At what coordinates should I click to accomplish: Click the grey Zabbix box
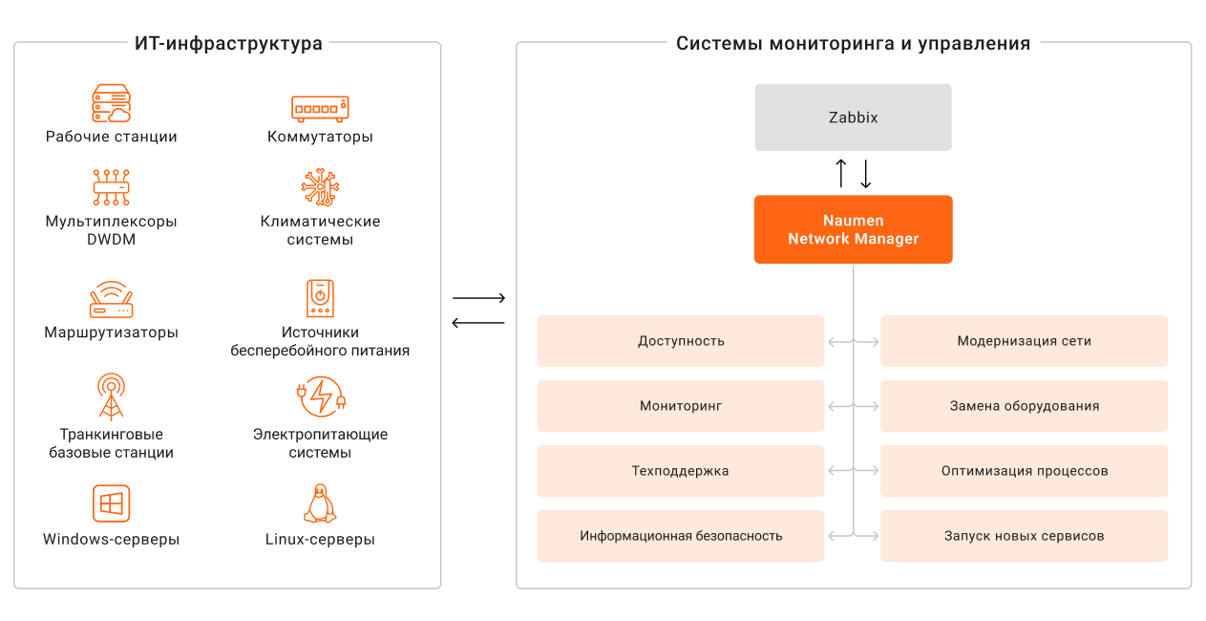853,118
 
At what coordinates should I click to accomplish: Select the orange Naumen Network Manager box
853,229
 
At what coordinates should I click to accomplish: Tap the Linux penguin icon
320,503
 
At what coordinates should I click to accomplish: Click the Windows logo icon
111,503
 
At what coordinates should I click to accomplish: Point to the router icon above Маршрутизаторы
111,299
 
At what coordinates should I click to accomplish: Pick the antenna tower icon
111,396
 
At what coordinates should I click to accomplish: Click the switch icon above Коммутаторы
320,108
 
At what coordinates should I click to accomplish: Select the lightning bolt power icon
322,396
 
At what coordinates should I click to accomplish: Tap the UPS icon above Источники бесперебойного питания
320,298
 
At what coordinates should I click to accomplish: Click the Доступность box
680,341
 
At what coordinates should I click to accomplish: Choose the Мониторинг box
680,406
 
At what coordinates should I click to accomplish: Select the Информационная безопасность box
680,536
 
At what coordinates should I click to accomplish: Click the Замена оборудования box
1024,406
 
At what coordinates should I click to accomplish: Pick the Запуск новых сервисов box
1024,536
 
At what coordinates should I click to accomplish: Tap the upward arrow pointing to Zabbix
840,173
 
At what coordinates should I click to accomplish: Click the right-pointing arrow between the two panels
478,299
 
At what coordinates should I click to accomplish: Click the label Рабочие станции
111,137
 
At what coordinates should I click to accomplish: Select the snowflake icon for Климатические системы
320,187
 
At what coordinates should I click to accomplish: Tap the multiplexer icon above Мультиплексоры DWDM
111,187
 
